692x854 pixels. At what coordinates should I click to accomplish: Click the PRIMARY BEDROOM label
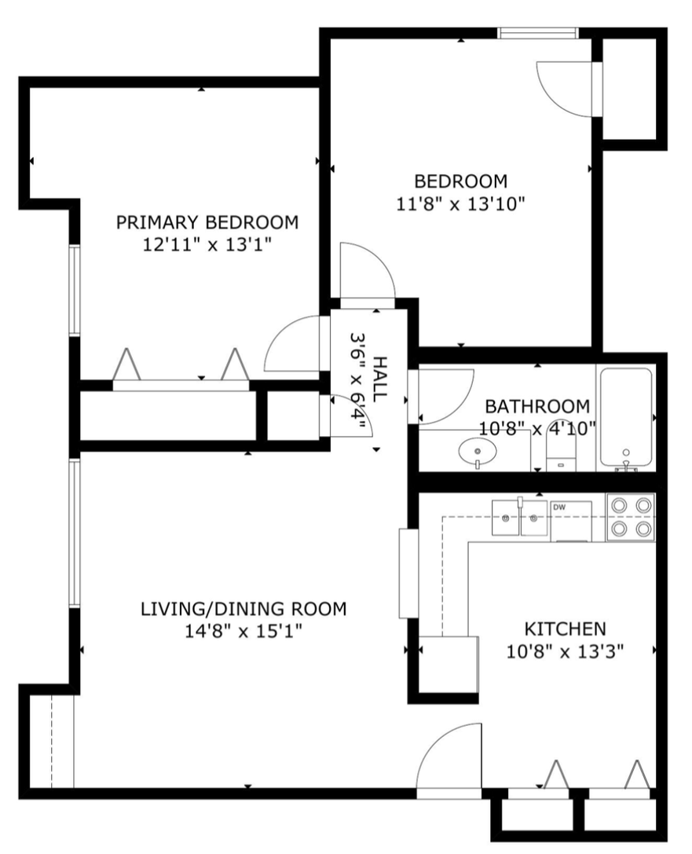207,222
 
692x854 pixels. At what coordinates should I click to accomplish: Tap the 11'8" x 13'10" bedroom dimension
460,204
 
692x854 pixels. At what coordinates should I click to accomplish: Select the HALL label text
381,379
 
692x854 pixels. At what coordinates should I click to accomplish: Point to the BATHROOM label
537,406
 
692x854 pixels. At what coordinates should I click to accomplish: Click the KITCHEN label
565,629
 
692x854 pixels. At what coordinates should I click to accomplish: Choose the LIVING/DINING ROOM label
243,608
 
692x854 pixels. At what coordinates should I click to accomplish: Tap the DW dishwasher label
559,508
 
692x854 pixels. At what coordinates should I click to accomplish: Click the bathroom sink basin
478,452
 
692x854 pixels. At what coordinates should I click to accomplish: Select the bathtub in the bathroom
625,419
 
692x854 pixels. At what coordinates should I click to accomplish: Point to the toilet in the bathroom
561,454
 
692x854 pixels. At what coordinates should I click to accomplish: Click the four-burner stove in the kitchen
631,517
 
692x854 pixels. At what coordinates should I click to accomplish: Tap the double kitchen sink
519,518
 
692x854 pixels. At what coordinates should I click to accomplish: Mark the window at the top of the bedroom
538,33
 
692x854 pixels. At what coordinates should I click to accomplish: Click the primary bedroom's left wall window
74,289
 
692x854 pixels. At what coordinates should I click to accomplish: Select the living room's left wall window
74,533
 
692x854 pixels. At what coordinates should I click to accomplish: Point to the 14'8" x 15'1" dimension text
243,632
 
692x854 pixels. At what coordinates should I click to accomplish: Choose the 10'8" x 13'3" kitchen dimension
565,651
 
